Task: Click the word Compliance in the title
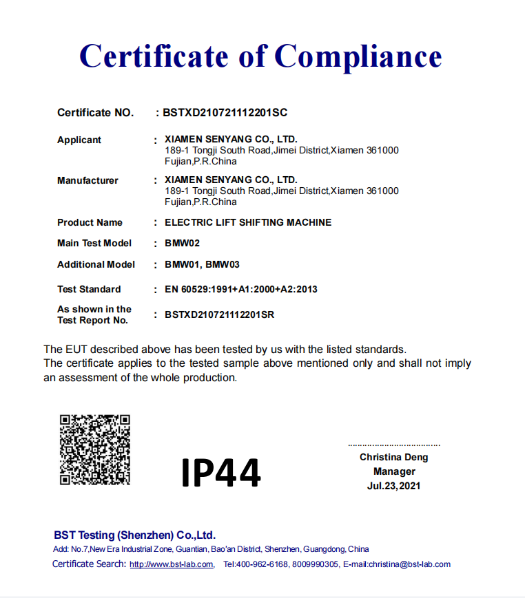[358, 56]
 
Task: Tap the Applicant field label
[79, 140]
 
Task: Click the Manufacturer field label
[87, 180]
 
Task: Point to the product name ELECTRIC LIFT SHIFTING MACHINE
[248, 222]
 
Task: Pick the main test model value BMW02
[183, 243]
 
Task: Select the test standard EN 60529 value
[241, 289]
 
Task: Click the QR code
[95, 449]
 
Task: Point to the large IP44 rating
[221, 473]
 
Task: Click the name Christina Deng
[393, 457]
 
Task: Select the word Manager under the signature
[394, 471]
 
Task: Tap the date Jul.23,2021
[394, 486]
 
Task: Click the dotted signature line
[394, 446]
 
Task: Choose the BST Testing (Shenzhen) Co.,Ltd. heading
[135, 535]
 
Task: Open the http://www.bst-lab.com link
[172, 564]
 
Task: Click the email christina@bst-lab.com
[409, 564]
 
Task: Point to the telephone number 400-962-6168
[262, 564]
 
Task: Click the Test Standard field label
[89, 289]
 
